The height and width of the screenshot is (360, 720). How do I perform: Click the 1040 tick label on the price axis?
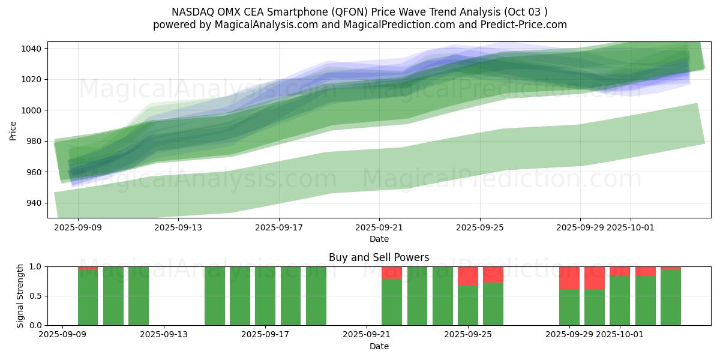pyautogui.click(x=31, y=49)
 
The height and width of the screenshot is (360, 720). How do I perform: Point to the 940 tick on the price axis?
pyautogui.click(x=33, y=203)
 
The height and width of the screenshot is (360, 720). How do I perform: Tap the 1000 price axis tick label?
pyautogui.click(x=31, y=110)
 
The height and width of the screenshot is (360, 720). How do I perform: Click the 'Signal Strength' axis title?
pyautogui.click(x=20, y=295)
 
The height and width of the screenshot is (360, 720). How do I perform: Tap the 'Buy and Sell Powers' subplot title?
pyautogui.click(x=379, y=257)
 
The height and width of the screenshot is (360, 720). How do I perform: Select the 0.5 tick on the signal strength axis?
pyautogui.click(x=35, y=296)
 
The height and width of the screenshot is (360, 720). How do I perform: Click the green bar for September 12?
pyautogui.click(x=139, y=296)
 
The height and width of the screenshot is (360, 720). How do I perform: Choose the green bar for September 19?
pyautogui.click(x=316, y=296)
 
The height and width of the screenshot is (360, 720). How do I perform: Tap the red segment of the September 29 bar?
pyautogui.click(x=569, y=278)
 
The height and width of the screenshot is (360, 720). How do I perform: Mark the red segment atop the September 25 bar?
pyautogui.click(x=468, y=276)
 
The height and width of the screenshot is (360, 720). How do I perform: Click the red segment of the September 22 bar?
pyautogui.click(x=392, y=272)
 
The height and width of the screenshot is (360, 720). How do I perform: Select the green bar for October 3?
pyautogui.click(x=671, y=298)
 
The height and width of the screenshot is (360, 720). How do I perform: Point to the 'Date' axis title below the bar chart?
pyautogui.click(x=379, y=346)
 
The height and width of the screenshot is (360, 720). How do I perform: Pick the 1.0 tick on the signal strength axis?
pyautogui.click(x=35, y=266)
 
